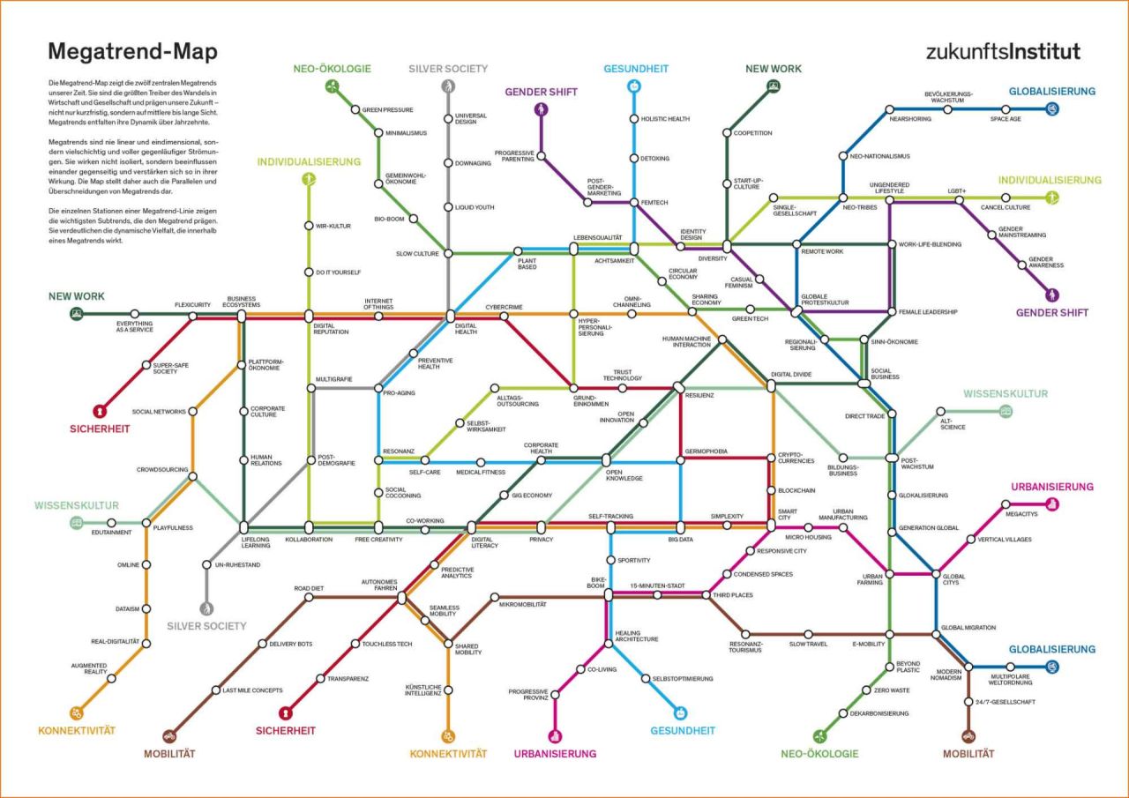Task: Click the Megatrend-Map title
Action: [x=132, y=52]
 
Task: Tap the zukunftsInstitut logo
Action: [x=1003, y=51]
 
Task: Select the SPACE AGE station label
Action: [x=1005, y=119]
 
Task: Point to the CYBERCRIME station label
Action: [x=505, y=307]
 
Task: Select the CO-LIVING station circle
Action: [x=580, y=669]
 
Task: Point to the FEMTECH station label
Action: [x=654, y=203]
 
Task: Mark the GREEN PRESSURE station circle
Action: [x=356, y=110]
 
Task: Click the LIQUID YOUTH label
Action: [x=474, y=206]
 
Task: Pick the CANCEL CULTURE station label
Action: [x=1005, y=207]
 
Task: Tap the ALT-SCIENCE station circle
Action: [x=941, y=411]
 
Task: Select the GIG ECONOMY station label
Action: [x=532, y=496]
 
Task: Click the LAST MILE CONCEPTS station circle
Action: [x=216, y=690]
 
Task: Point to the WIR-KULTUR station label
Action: [x=333, y=226]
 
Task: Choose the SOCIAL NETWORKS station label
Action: [x=159, y=411]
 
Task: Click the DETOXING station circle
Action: [x=633, y=159]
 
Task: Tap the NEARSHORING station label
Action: [x=911, y=119]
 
